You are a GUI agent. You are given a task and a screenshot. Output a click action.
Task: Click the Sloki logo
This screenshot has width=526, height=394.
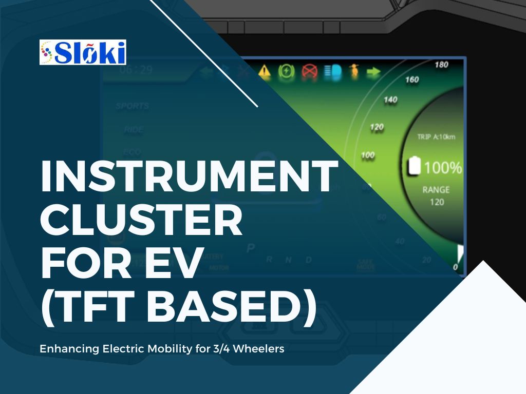click(x=83, y=52)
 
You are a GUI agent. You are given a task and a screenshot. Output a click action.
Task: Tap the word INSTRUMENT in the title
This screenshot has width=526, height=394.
click(x=186, y=176)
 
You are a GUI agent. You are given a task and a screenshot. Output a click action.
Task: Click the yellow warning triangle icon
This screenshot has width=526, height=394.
click(x=264, y=72)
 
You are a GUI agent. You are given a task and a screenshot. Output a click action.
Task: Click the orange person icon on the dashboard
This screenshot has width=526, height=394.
click(x=353, y=72)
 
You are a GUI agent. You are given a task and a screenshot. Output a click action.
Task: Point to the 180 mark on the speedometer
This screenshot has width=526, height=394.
click(x=441, y=65)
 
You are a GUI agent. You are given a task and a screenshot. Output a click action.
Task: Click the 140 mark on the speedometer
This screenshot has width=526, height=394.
click(x=390, y=100)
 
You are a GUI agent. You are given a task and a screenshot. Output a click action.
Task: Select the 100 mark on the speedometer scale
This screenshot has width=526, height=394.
click(x=368, y=155)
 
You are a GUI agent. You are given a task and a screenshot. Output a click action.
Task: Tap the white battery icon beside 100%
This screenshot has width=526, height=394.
click(x=414, y=167)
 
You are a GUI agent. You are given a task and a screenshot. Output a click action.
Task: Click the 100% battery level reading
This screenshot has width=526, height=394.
click(x=443, y=168)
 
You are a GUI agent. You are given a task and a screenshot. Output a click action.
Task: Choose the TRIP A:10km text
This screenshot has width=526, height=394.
click(x=436, y=137)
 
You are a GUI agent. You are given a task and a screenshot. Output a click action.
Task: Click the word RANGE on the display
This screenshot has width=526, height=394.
click(x=436, y=190)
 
